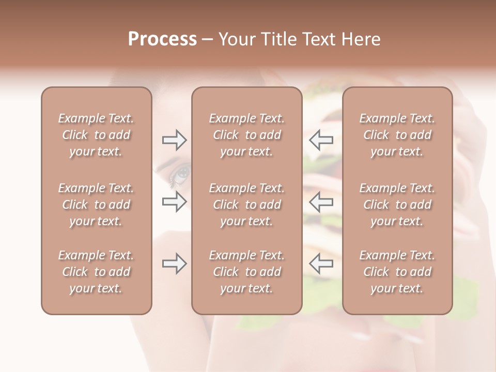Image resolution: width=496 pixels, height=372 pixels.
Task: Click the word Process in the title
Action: click(162, 39)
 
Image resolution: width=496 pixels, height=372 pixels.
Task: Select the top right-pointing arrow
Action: click(174, 139)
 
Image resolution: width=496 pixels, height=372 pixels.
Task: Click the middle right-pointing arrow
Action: click(174, 202)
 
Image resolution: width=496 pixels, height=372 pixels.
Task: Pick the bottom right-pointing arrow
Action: click(174, 263)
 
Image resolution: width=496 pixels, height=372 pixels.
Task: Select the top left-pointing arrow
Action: click(321, 139)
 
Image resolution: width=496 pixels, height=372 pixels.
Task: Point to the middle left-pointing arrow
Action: click(321, 202)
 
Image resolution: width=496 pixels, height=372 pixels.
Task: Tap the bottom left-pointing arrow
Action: click(321, 263)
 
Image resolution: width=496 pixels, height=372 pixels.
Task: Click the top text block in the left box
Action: click(96, 135)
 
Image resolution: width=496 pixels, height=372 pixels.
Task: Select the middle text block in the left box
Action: click(96, 205)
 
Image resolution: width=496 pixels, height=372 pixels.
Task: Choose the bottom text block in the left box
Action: click(96, 272)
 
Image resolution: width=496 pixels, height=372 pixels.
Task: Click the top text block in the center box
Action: click(247, 135)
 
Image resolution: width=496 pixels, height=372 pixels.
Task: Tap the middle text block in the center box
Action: click(247, 205)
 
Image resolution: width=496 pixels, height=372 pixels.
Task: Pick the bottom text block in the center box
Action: click(247, 272)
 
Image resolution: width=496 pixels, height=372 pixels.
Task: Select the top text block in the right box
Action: click(397, 135)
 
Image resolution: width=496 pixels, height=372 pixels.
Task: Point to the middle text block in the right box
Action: click(397, 205)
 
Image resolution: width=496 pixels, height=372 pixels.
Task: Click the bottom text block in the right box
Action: click(397, 272)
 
